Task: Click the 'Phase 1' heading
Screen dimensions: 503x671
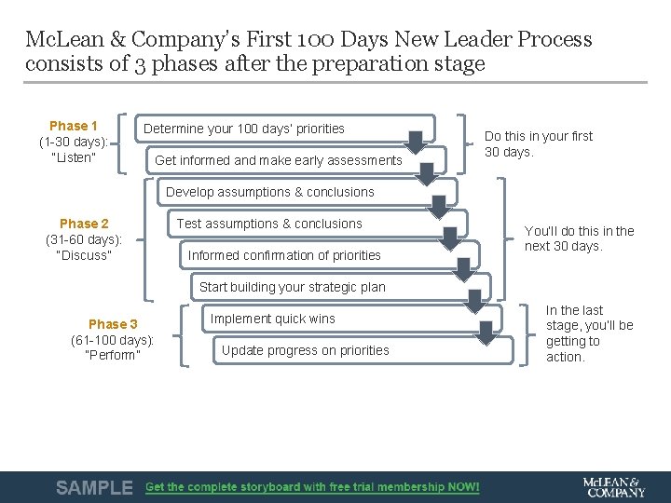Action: pos(74,126)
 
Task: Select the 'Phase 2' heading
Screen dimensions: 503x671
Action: pos(84,224)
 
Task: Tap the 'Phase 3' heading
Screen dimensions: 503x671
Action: pos(113,324)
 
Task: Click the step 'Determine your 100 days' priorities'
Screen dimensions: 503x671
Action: pos(244,129)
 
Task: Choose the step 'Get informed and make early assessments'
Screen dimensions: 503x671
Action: pos(279,160)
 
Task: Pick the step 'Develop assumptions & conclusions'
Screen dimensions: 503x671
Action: pos(270,192)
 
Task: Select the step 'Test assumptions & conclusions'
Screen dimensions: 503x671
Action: pos(269,224)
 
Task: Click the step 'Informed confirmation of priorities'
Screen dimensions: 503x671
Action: pos(284,255)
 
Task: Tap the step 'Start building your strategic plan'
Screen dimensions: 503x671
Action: pos(292,287)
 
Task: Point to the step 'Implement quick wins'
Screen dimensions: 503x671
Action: pos(272,319)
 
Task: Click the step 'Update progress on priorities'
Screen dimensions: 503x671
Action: pos(306,350)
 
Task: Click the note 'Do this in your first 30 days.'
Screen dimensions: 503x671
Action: pos(538,143)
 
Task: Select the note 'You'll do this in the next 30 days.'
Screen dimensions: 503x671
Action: pos(579,238)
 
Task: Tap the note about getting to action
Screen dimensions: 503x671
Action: pos(589,333)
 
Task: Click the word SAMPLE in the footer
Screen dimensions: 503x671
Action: pos(94,487)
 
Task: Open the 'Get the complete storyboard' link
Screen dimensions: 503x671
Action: pos(312,487)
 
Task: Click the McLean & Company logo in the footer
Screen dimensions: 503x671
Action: pos(612,486)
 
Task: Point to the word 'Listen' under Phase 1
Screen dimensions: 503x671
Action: pos(75,157)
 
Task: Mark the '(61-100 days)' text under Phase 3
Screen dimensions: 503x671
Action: pos(113,340)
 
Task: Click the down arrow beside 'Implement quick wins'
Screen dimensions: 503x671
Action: pos(486,333)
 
